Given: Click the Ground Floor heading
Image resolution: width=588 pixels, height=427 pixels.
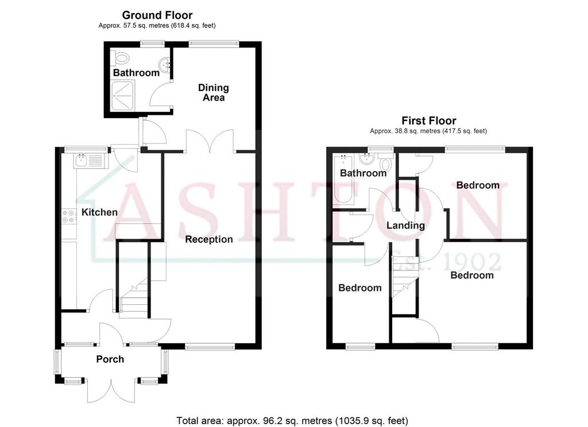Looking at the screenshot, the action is pos(157,15).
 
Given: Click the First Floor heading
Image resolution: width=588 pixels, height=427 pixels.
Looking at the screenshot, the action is pos(428,121).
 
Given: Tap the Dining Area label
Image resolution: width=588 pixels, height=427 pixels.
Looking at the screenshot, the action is pos(214,92).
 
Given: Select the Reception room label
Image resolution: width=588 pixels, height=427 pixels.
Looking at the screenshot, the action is pos(209,239).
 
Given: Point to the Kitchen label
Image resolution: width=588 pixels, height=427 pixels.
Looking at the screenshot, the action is pos(99,212).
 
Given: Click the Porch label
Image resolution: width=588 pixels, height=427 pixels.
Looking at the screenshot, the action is pos(110,359).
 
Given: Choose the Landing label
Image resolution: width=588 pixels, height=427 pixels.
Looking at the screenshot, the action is pos(405,226).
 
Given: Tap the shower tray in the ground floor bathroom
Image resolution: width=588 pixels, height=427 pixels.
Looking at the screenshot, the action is pos(122,96).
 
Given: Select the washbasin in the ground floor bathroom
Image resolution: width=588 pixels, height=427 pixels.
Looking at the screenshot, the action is pos(165,65).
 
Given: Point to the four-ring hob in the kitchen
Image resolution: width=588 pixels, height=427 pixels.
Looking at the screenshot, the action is pos(69,216).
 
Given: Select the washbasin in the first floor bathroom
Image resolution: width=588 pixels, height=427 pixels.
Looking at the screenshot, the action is pos(366,159).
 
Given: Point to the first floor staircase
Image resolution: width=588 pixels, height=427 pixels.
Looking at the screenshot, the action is pos(405,276).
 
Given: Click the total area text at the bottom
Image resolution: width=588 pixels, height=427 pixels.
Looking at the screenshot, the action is pos(292,421).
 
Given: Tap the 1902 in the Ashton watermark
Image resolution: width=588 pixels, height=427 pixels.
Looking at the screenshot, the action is pos(472,261).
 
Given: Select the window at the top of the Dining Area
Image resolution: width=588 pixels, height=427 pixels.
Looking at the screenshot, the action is pos(214,44).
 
